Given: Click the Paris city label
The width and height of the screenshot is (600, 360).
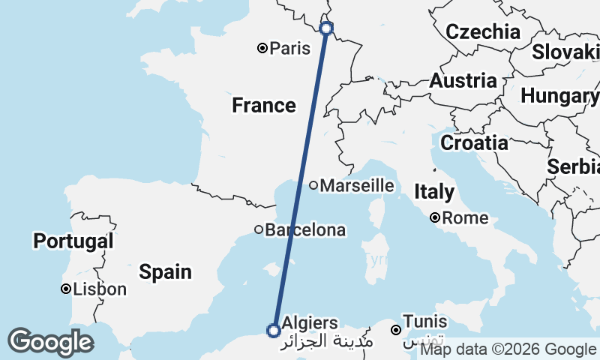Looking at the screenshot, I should click(290, 49).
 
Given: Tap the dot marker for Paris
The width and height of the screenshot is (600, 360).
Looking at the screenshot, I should click(262, 48).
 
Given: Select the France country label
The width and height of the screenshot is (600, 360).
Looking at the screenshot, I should click(264, 106).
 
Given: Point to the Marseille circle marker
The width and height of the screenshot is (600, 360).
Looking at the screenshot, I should click(313, 185).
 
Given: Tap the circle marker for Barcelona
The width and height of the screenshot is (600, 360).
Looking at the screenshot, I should click(259, 229).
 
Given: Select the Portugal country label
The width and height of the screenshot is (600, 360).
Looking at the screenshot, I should click(73, 241).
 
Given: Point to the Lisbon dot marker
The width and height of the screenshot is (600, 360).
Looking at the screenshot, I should click(66, 289).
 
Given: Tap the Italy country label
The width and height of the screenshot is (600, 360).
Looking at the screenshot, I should click(434, 192).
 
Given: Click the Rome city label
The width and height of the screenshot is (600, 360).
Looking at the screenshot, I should click(466, 218).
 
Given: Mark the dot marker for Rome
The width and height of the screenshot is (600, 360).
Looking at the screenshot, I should click(435, 218).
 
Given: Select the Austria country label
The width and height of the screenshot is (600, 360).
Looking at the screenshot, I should click(463, 81).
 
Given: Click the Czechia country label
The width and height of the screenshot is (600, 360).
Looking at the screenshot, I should click(483, 32).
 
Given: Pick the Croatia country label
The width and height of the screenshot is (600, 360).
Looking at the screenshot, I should click(474, 142).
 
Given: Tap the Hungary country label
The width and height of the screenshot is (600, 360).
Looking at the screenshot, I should click(559, 96).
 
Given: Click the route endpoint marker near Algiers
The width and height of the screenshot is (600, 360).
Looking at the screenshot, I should click(274, 330).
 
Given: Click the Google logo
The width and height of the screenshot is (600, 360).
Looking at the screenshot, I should click(51, 342).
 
